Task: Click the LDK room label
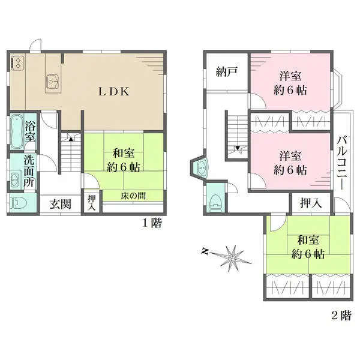pos(114,92)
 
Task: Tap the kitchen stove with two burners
pos(17,62)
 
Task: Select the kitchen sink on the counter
pos(53,81)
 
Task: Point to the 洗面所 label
pos(30,172)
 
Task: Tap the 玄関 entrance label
pos(61,205)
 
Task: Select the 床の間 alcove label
pos(133,196)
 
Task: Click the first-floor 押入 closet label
pos(92,203)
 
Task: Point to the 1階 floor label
pos(152,223)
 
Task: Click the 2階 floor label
pos(341,315)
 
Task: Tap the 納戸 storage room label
pos(227,72)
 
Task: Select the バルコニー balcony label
pos(343,163)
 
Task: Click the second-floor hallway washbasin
pos(202,167)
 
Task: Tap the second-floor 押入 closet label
pos(311,203)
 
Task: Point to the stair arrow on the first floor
pos(71,139)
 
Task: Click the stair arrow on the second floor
pos(238,148)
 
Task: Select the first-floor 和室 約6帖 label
pos(124,160)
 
